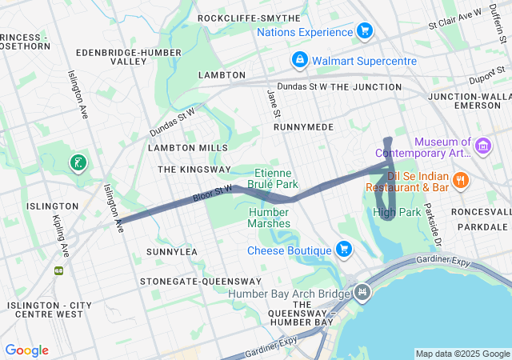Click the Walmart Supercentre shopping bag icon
299,60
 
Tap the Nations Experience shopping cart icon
365,31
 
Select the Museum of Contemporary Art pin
482,146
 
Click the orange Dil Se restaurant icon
460,181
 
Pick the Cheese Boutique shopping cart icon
344,250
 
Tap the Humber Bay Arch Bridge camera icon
362,293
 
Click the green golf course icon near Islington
78,164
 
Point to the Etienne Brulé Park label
276,178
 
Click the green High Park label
396,212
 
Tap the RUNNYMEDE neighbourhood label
302,126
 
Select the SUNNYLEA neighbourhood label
171,251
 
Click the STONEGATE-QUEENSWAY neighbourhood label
200,282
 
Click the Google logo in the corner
26,350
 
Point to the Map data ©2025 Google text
462,354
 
